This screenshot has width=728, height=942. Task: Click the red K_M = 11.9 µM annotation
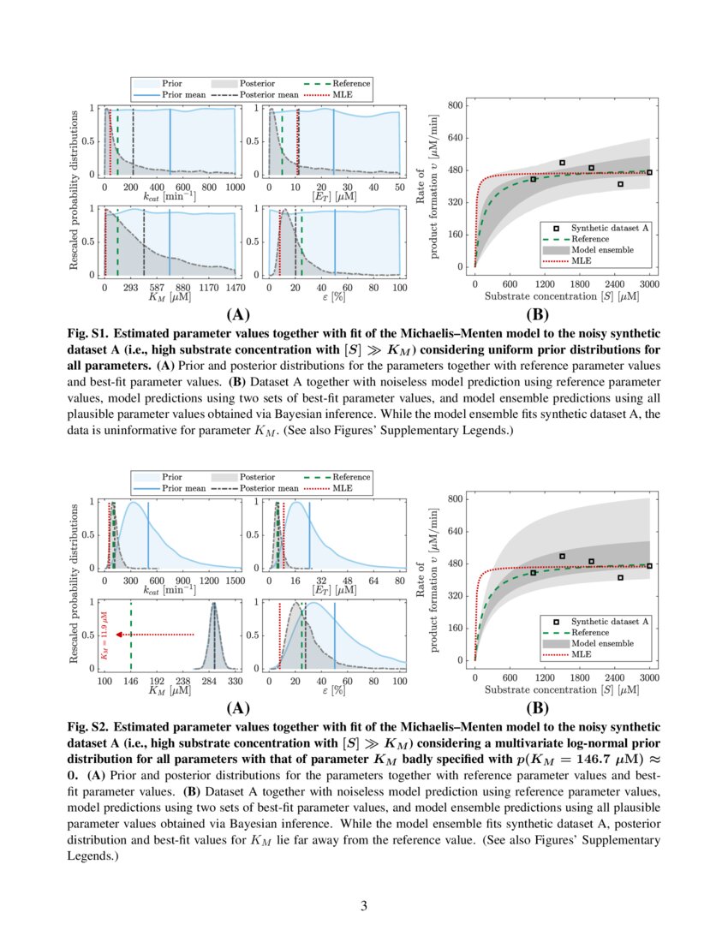(103, 635)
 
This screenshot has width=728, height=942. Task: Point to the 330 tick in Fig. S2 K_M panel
(235, 683)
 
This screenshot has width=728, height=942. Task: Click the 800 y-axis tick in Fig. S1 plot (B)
(456, 105)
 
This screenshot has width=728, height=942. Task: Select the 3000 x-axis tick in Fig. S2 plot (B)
(649, 677)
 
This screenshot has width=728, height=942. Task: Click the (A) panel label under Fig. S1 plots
(237, 313)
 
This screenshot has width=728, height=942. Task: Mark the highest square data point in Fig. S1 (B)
(562, 163)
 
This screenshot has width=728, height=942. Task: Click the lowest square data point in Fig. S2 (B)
(620, 578)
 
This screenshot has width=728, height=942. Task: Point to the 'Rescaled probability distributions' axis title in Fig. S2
(74, 583)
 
